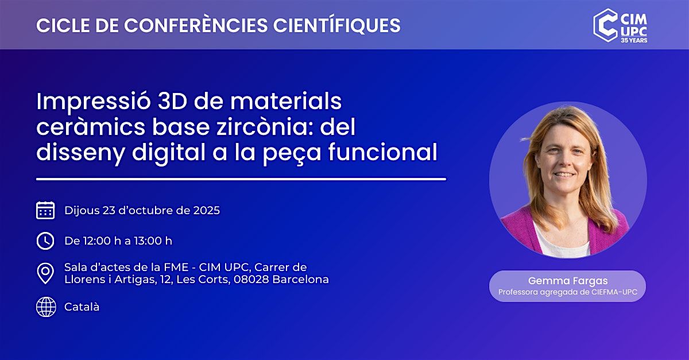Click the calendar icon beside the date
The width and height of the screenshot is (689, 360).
(x=45, y=211)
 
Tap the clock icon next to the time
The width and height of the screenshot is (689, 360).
(x=45, y=241)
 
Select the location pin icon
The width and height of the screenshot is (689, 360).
(x=45, y=273)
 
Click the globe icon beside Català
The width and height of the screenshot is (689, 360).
(x=46, y=307)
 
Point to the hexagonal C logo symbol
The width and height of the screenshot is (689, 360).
(x=605, y=25)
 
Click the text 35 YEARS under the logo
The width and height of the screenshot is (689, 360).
(x=634, y=40)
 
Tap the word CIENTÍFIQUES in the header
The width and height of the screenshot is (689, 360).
(x=337, y=25)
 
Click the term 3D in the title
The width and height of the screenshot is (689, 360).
(x=172, y=101)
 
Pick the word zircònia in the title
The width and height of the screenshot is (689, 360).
(x=265, y=127)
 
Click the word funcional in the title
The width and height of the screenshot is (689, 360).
(x=382, y=152)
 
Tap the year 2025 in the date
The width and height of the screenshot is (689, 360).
(x=206, y=211)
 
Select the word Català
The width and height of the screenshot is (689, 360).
(x=82, y=307)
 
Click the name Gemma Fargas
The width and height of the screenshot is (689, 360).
(x=568, y=281)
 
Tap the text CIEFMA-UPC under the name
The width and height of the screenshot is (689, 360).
(x=614, y=292)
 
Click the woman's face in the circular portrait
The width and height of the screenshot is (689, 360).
(x=563, y=156)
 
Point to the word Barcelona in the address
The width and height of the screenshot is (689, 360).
(x=300, y=280)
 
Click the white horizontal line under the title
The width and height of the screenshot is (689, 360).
(x=241, y=179)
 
